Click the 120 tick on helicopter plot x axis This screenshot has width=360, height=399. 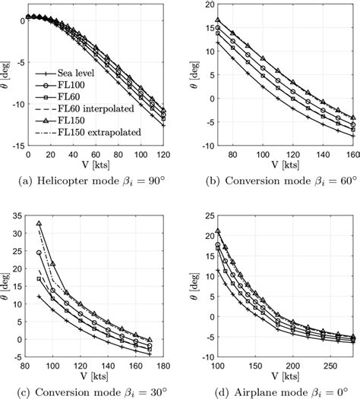pyautogui.click(x=163, y=154)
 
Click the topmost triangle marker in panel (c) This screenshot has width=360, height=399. pyautogui.click(x=39, y=224)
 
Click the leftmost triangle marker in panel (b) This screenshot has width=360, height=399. pyautogui.click(x=219, y=20)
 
